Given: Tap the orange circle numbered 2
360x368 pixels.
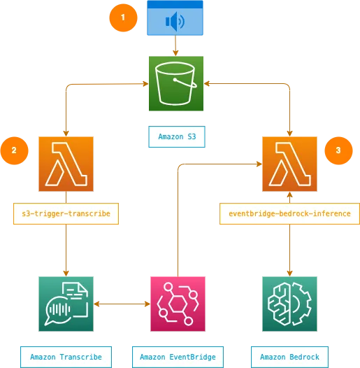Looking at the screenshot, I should [15, 150].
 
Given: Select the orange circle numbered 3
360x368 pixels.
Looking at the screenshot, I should [339, 150].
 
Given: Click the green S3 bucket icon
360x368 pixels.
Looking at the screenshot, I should [176, 84].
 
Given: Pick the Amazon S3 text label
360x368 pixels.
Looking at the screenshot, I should [177, 136].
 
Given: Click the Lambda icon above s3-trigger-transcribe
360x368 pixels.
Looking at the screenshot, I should [66, 164].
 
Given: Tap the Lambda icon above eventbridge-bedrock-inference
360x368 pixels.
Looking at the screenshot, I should [289, 164].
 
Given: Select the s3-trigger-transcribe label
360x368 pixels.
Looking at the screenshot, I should [66, 213].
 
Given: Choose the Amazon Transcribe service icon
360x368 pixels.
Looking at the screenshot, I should [66, 304].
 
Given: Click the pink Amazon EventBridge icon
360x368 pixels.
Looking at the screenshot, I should [178, 304].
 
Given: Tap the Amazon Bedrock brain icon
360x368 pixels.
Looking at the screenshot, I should [289, 304].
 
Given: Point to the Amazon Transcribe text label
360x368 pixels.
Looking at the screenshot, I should [66, 357].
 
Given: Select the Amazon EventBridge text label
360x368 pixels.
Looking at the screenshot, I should [178, 357].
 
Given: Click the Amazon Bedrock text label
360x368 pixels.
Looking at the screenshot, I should [289, 357].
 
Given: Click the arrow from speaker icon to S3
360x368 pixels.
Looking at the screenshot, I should [175, 45].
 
